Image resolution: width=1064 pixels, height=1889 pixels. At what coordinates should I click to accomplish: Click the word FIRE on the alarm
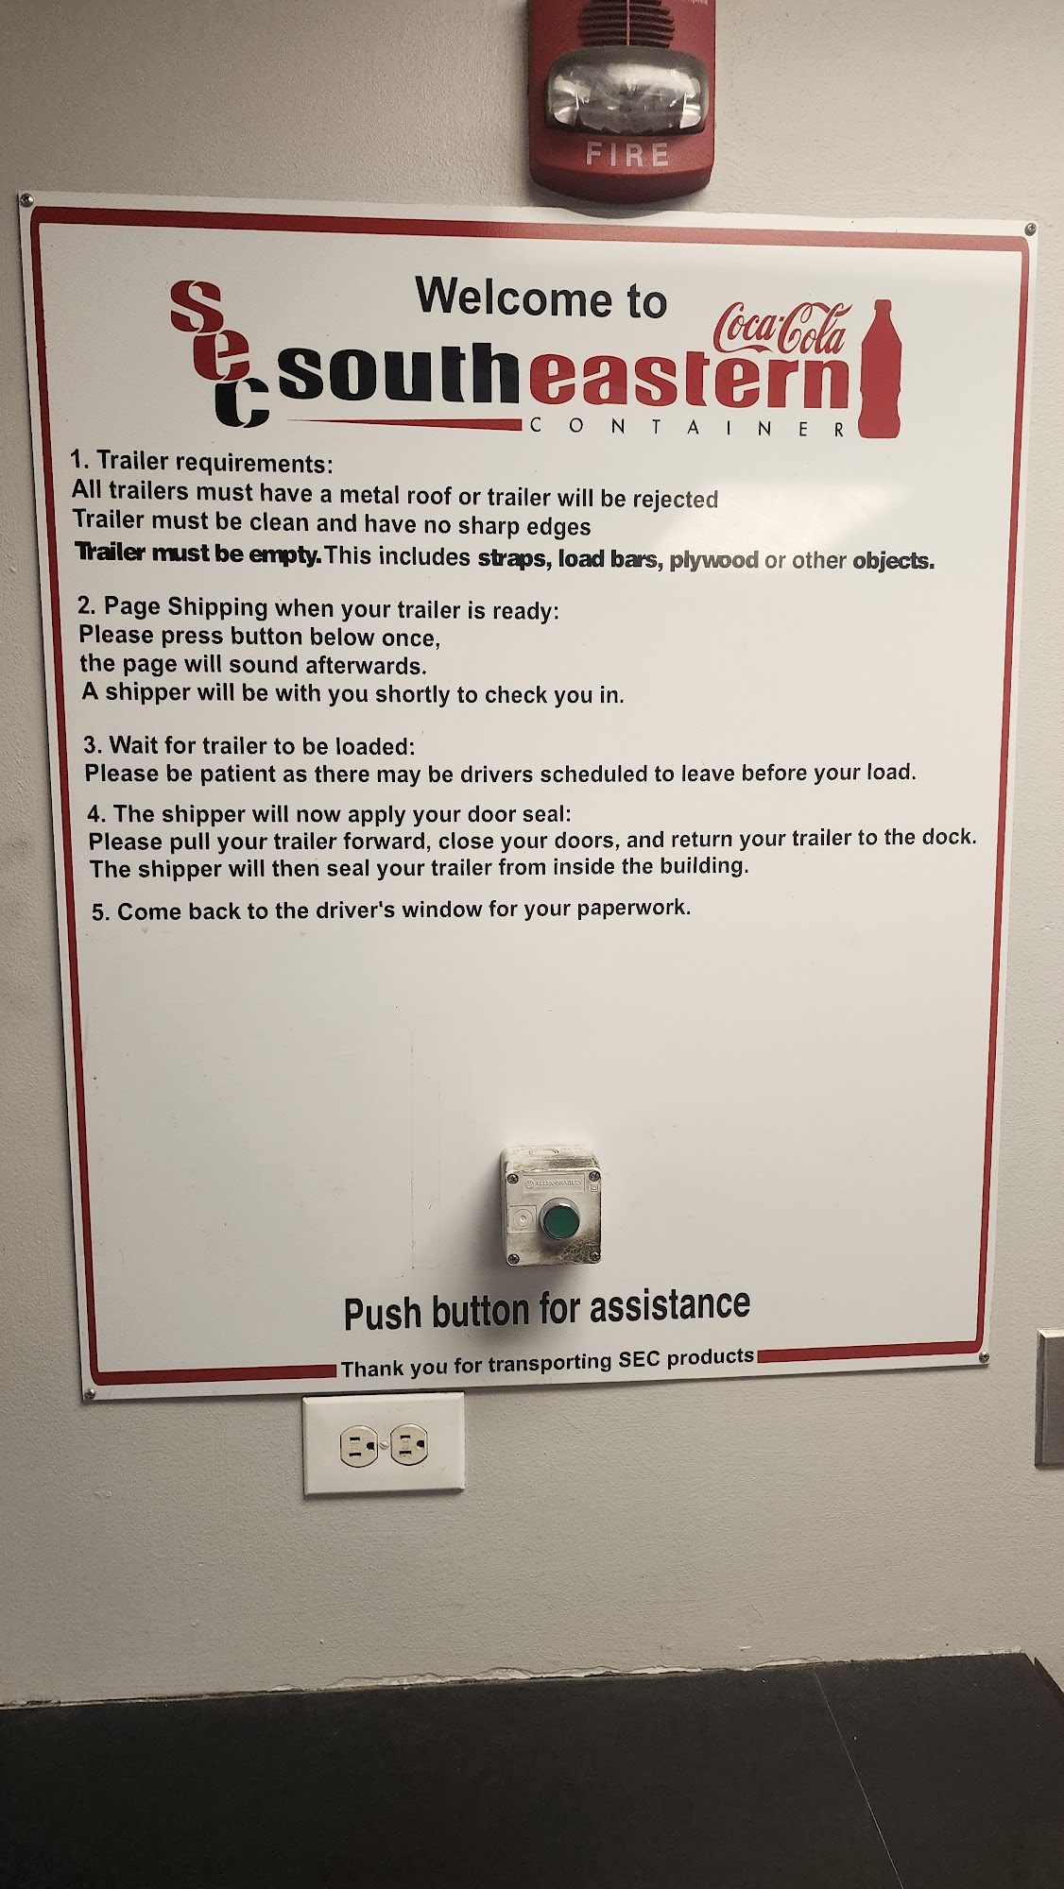coord(627,154)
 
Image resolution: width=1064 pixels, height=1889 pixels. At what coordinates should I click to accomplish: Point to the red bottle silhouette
coord(882,368)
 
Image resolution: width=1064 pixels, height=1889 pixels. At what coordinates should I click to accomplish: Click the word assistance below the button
coord(670,1306)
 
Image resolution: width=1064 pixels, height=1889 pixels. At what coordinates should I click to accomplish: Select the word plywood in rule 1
coord(714,560)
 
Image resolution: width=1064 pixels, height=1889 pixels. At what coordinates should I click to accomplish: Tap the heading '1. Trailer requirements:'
coord(202,463)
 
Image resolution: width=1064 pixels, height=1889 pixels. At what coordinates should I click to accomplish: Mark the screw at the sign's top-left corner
coord(26,201)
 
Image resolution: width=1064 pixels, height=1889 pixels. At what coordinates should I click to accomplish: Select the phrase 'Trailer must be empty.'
coord(198,553)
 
